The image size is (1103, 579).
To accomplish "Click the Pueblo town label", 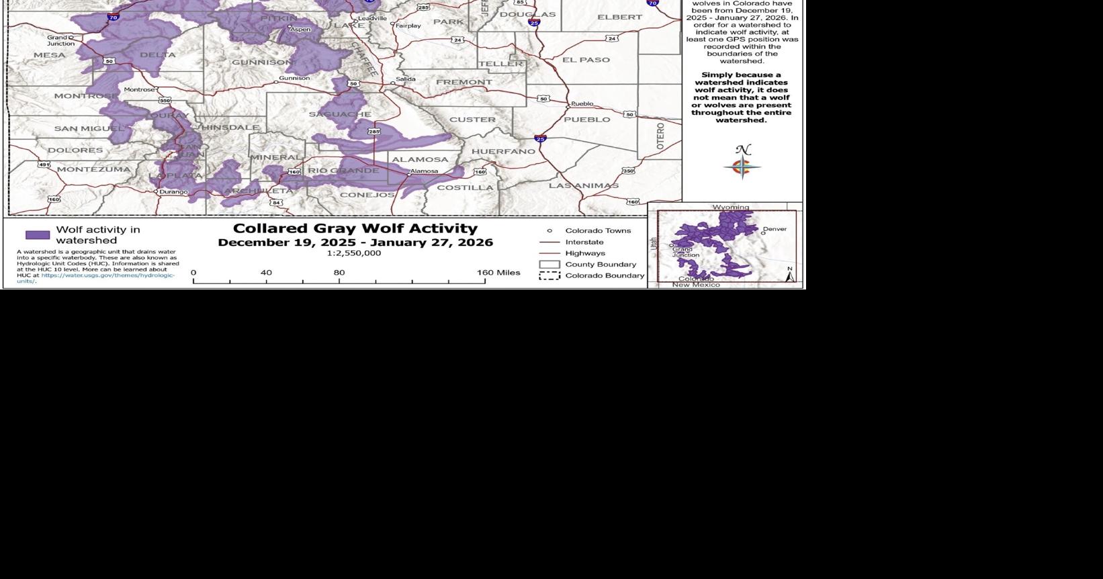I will (582, 103).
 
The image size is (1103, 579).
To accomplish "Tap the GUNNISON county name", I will (263, 62).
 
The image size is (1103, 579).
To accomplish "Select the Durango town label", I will (173, 192).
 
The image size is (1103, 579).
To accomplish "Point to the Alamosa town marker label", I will (424, 171).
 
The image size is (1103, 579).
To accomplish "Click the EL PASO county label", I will (586, 60).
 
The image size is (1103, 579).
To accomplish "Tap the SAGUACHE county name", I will (340, 114).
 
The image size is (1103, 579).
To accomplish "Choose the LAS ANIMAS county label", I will (583, 185).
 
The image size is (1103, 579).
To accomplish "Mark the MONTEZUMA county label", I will (93, 169).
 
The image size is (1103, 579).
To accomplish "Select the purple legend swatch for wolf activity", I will (38, 235).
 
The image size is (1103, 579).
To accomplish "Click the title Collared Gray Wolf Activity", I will (355, 228).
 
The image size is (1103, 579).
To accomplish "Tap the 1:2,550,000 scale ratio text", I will (354, 253).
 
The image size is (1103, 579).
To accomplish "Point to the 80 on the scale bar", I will (339, 273).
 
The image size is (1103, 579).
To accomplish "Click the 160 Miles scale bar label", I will (498, 273).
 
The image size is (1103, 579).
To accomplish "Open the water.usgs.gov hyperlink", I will (107, 275).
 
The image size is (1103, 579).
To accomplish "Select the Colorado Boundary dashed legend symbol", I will (549, 275).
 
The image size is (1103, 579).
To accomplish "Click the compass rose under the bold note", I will (742, 166).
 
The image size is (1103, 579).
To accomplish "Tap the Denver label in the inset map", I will (775, 229).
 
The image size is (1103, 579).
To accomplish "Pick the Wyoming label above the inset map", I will (731, 208).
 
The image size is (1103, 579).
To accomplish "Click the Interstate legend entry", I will (584, 242).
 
